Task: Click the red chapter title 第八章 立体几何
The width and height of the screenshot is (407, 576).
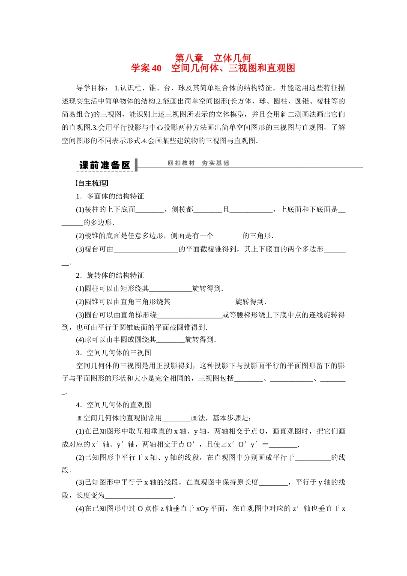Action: (x=213, y=58)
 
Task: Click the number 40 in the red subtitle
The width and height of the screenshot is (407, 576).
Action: (x=156, y=68)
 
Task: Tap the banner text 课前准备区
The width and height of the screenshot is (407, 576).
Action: (x=105, y=165)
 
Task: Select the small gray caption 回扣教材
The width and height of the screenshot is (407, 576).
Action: (x=181, y=163)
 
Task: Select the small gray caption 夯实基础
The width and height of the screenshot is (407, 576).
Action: (x=215, y=163)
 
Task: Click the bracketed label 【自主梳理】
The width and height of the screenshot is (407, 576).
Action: (x=92, y=183)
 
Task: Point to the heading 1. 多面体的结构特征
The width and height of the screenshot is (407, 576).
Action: (x=110, y=196)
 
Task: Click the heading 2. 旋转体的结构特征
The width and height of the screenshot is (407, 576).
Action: (x=110, y=276)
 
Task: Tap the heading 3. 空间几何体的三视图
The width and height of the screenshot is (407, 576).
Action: (x=113, y=353)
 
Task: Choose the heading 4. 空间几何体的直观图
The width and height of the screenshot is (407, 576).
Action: (x=113, y=405)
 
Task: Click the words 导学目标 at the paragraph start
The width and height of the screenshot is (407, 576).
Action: (x=91, y=88)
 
